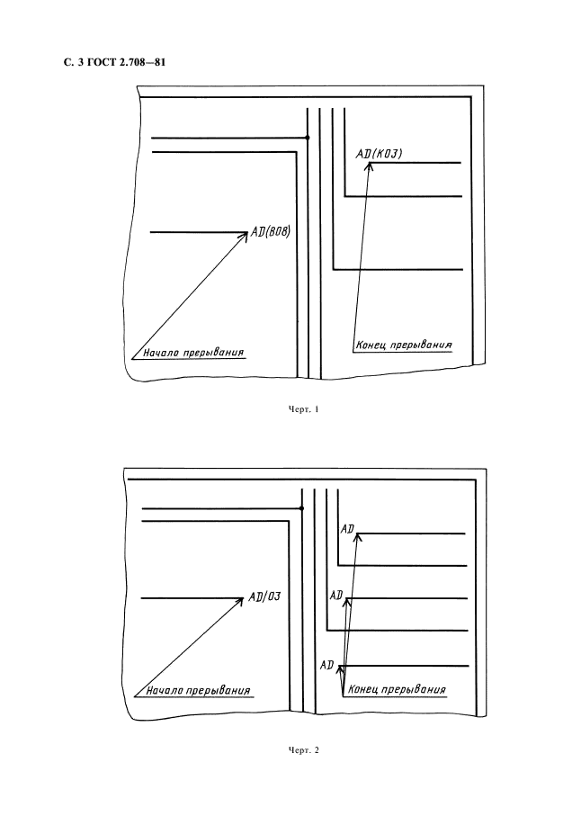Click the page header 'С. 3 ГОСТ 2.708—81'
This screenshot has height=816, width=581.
(114, 63)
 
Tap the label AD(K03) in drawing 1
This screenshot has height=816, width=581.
(379, 154)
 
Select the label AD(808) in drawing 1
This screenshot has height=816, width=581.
(271, 231)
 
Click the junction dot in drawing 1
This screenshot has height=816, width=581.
(308, 138)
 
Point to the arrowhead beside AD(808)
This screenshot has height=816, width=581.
(244, 238)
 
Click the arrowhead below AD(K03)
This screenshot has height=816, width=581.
(370, 166)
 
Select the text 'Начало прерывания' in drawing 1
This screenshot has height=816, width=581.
(193, 353)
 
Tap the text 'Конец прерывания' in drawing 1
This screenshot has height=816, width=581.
(404, 345)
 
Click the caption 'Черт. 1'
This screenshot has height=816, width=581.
(304, 409)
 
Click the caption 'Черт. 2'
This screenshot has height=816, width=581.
(304, 750)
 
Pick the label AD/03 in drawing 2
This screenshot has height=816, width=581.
(264, 596)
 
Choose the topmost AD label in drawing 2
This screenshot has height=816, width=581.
(347, 529)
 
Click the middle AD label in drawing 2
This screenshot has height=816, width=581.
(336, 595)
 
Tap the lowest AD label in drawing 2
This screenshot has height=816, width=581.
(326, 665)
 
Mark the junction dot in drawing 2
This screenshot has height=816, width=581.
(301, 508)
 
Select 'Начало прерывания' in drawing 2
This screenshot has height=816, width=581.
(198, 691)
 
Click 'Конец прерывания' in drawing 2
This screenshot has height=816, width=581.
(397, 689)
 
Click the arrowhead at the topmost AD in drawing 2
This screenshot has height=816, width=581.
(358, 539)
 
